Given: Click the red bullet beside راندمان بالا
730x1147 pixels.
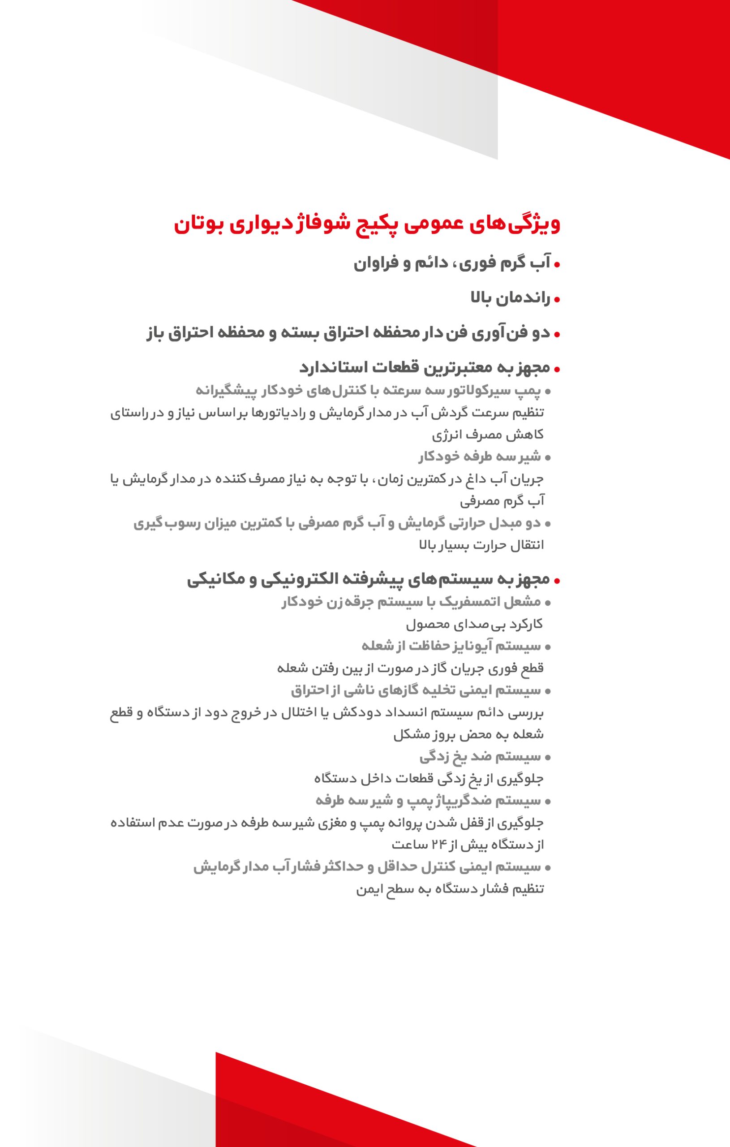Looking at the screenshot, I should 557,300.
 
